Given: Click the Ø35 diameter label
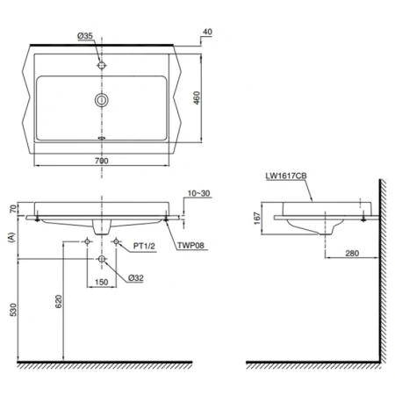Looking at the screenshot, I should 86,35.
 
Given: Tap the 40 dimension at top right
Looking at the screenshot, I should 207,32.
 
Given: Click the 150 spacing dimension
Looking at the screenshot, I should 103,281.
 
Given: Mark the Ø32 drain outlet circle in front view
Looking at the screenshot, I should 103,260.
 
